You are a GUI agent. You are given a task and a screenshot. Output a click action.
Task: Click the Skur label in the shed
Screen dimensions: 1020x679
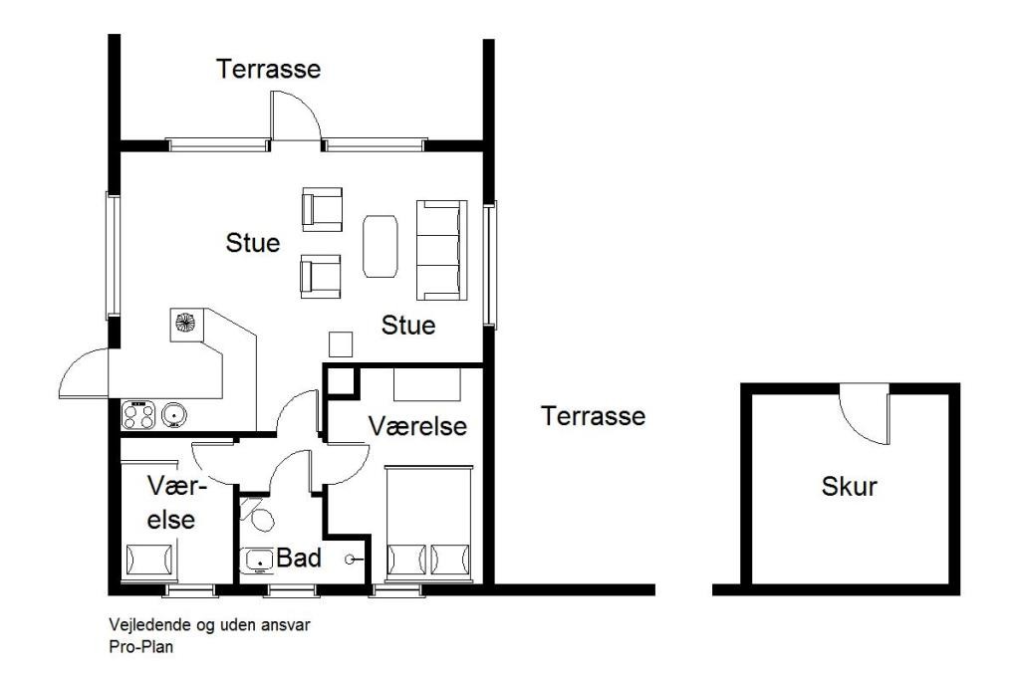(x=849, y=487)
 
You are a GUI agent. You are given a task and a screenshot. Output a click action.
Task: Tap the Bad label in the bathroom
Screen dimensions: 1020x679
(x=299, y=558)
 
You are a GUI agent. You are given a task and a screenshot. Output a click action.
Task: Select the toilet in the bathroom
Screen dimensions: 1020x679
(x=259, y=515)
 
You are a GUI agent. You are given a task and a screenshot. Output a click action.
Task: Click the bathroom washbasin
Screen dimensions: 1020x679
(x=259, y=560)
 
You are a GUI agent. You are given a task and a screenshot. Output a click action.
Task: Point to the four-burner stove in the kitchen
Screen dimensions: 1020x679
(x=138, y=415)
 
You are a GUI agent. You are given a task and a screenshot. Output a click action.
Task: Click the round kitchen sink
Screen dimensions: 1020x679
(x=174, y=414)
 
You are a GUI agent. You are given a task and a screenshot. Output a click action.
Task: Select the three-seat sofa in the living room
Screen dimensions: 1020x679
(x=441, y=250)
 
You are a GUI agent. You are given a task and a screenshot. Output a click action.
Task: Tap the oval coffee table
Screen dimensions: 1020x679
(x=380, y=246)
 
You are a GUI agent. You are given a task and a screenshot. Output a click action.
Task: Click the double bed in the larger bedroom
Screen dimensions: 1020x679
(x=428, y=523)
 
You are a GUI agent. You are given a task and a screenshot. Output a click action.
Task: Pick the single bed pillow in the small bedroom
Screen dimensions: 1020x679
(x=150, y=560)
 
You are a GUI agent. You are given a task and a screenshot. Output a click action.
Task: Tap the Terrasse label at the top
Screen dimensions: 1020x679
(x=269, y=69)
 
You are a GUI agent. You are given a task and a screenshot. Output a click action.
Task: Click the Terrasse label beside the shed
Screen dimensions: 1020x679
(x=594, y=416)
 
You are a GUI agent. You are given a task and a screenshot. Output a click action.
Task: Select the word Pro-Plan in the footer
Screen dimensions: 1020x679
(x=141, y=647)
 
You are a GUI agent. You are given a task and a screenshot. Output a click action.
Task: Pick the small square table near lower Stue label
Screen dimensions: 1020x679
(x=341, y=344)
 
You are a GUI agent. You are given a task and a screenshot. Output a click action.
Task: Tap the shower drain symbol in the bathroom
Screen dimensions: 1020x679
(x=350, y=559)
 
